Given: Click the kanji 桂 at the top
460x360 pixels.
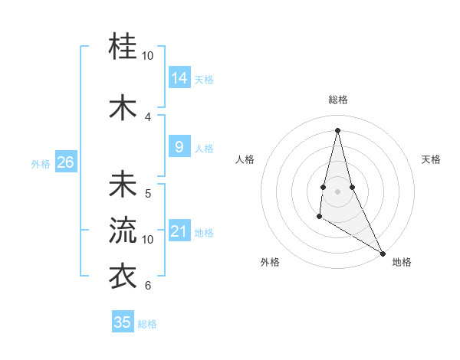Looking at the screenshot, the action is [123, 47].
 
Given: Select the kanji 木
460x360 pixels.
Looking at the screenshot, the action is [123, 108].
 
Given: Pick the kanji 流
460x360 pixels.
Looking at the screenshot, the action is [123, 231].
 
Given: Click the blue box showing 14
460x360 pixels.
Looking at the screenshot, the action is [179, 78].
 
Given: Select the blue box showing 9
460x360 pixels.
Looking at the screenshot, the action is [179, 147].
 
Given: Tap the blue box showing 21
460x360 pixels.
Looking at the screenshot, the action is [179, 231].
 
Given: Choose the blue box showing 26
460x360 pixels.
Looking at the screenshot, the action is [65, 162].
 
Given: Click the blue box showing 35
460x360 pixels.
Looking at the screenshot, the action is [123, 322].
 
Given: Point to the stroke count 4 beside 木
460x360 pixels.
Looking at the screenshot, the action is [148, 116].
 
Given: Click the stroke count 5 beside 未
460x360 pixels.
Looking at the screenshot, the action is [148, 193].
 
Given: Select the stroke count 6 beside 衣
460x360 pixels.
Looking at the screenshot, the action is [148, 285].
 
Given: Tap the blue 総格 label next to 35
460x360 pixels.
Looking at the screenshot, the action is [147, 324].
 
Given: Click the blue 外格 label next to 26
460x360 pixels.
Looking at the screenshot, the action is [41, 163].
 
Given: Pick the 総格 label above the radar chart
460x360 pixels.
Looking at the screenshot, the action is [337, 100].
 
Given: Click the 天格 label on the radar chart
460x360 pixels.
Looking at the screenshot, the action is [431, 159].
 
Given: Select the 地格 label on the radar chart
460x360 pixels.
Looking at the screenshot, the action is [402, 262].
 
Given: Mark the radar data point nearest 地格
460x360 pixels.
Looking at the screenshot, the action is [383, 254].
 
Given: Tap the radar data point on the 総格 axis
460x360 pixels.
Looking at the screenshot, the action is [337, 130].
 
